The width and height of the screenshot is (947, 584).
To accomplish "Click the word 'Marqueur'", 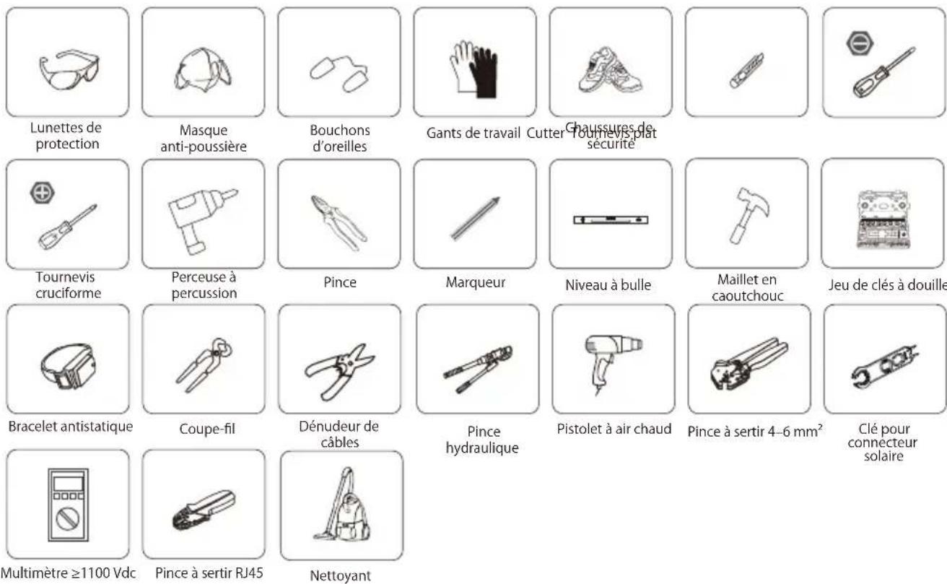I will (475, 283).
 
